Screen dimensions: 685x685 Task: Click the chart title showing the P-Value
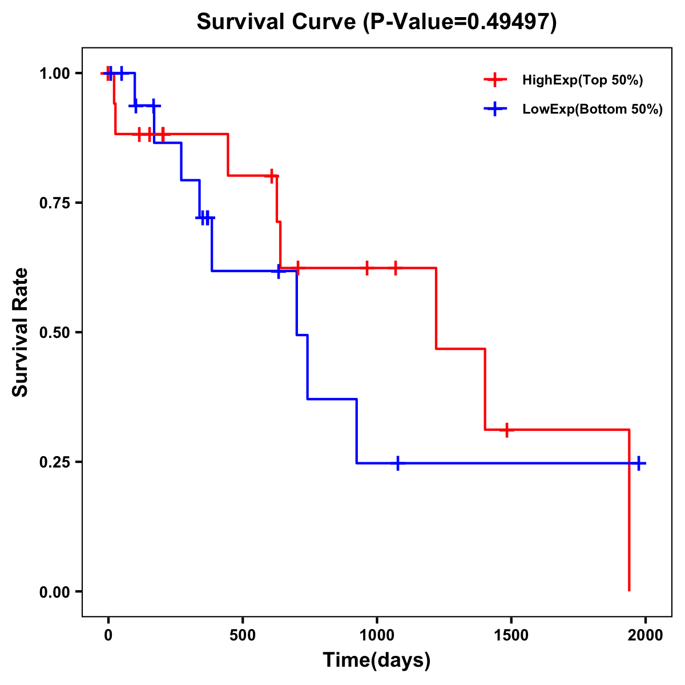click(377, 22)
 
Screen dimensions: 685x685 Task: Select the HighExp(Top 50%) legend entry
click(582, 80)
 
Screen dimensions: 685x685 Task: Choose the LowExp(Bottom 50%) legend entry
click(593, 110)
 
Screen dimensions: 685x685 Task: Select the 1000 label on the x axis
click(377, 635)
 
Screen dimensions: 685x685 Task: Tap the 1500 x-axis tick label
click(511, 635)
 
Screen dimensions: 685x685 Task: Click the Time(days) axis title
click(377, 660)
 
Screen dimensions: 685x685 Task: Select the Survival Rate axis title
click(21, 332)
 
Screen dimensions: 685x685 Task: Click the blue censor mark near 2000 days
click(639, 463)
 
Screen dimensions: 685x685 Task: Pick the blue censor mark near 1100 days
click(397, 463)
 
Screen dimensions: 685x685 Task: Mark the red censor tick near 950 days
click(367, 268)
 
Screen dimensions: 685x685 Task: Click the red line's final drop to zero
click(629, 514)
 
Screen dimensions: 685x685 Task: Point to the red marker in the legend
click(495, 80)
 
